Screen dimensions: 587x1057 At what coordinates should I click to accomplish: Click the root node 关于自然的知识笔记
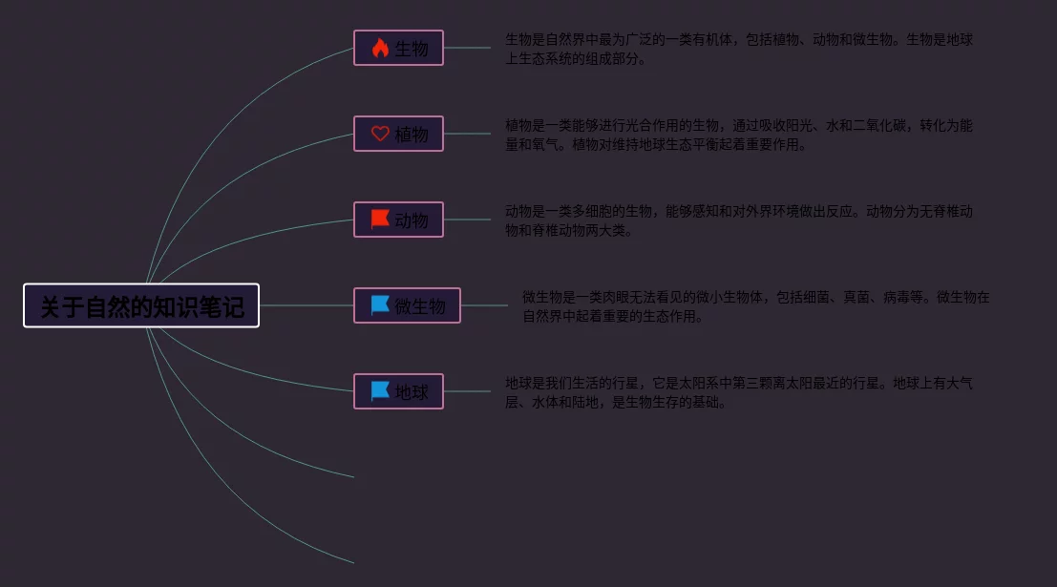click(x=141, y=305)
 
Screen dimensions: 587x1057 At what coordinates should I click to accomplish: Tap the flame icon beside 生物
click(x=380, y=48)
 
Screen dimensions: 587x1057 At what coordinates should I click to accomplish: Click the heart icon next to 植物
click(x=380, y=134)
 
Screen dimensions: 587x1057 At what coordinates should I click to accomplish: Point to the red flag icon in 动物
click(x=380, y=220)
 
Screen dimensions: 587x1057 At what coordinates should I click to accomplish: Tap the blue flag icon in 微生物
click(x=380, y=305)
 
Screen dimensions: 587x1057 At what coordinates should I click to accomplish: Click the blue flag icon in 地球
click(x=380, y=391)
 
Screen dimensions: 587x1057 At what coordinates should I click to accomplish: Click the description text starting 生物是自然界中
click(x=738, y=49)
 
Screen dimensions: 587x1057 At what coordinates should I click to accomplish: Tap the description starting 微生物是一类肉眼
click(x=755, y=306)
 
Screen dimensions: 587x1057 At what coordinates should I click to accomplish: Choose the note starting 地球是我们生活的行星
click(x=738, y=392)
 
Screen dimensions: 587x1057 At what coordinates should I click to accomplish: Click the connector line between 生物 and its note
click(x=468, y=48)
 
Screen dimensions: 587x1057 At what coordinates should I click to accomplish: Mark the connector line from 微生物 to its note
click(x=484, y=305)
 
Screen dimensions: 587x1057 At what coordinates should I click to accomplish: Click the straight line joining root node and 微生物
click(x=306, y=305)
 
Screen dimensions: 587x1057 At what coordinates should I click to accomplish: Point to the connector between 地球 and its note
click(x=468, y=391)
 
